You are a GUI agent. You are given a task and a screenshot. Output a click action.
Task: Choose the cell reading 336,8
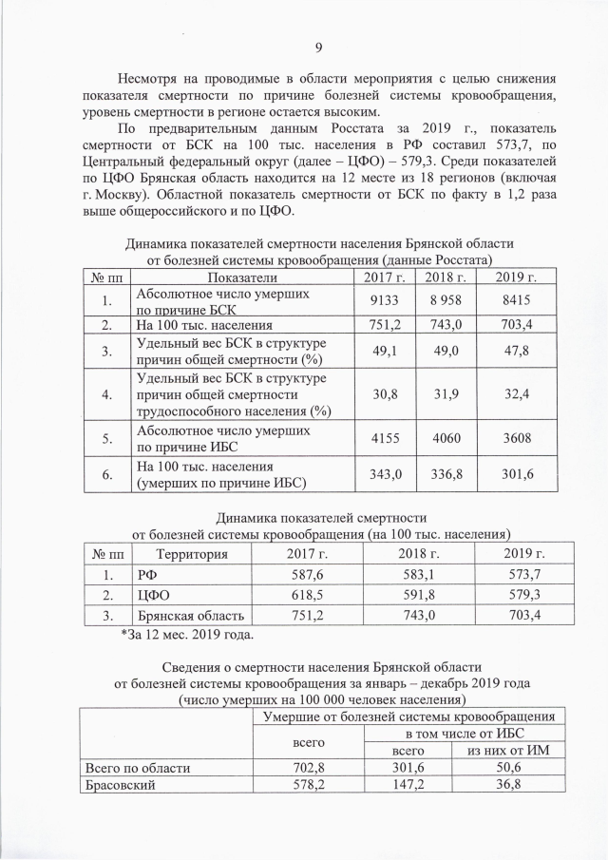[445, 473]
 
